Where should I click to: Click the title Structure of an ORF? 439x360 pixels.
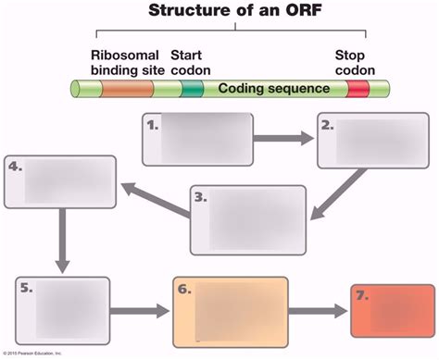tap(234, 11)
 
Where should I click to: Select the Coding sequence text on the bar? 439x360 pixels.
tap(273, 89)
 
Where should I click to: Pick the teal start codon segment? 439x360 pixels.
tap(192, 89)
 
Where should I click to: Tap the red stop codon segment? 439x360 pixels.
tap(358, 89)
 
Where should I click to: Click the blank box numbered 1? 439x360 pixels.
tap(198, 138)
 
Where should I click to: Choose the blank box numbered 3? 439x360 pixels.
tap(248, 214)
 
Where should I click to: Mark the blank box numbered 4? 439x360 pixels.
tap(61, 181)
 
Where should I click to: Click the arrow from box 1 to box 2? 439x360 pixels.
tap(283, 139)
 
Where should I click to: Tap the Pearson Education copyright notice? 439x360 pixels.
tap(32, 354)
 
